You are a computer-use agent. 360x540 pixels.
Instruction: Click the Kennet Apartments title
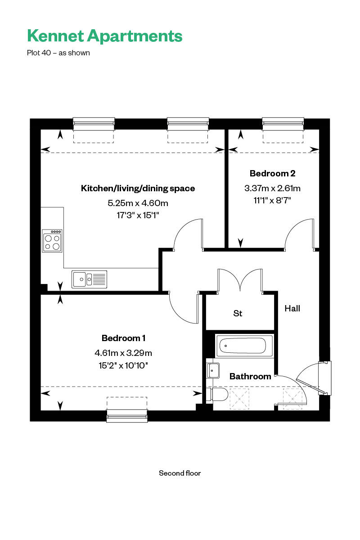click(104, 36)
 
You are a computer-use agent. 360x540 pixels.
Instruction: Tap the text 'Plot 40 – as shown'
click(58, 53)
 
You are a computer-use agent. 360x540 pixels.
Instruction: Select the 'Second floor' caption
click(180, 473)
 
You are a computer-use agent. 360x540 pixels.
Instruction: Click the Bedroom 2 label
click(272, 173)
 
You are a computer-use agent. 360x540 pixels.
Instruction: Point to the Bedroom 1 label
click(123, 338)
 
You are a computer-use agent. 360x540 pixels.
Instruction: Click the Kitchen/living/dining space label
click(138, 188)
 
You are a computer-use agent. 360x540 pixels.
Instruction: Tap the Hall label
click(292, 308)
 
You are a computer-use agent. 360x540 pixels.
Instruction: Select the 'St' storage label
click(238, 313)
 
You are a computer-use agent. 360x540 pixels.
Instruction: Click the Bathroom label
click(250, 376)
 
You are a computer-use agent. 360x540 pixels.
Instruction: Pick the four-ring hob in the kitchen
click(53, 241)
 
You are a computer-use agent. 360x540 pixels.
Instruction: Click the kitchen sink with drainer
click(89, 279)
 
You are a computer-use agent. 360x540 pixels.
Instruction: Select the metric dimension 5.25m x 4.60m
click(138, 203)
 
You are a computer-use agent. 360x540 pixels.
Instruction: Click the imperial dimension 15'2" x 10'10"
click(123, 365)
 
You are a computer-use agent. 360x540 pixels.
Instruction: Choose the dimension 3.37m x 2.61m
click(272, 188)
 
